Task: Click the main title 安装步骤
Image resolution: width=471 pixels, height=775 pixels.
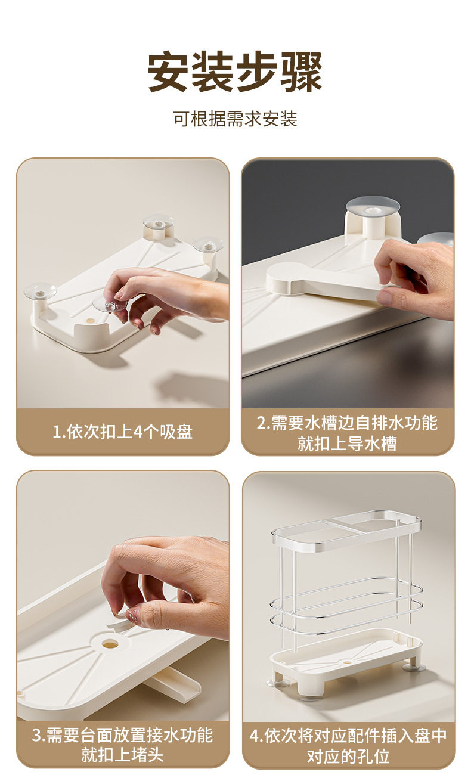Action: coord(235,72)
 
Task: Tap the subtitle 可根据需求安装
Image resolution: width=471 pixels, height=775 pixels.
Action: coord(235,119)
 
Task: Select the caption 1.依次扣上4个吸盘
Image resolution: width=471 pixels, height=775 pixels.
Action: coord(122,432)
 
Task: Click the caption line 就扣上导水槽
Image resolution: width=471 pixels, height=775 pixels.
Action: coord(347,443)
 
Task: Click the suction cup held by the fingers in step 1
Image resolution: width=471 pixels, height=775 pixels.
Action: coord(110,305)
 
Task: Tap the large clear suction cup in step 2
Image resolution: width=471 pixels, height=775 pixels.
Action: coord(373,206)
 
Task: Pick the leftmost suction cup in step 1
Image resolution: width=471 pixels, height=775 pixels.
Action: coord(40,291)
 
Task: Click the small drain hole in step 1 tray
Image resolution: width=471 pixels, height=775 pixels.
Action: coord(90,321)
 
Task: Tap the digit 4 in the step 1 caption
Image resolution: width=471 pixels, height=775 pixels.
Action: coord(138,432)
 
